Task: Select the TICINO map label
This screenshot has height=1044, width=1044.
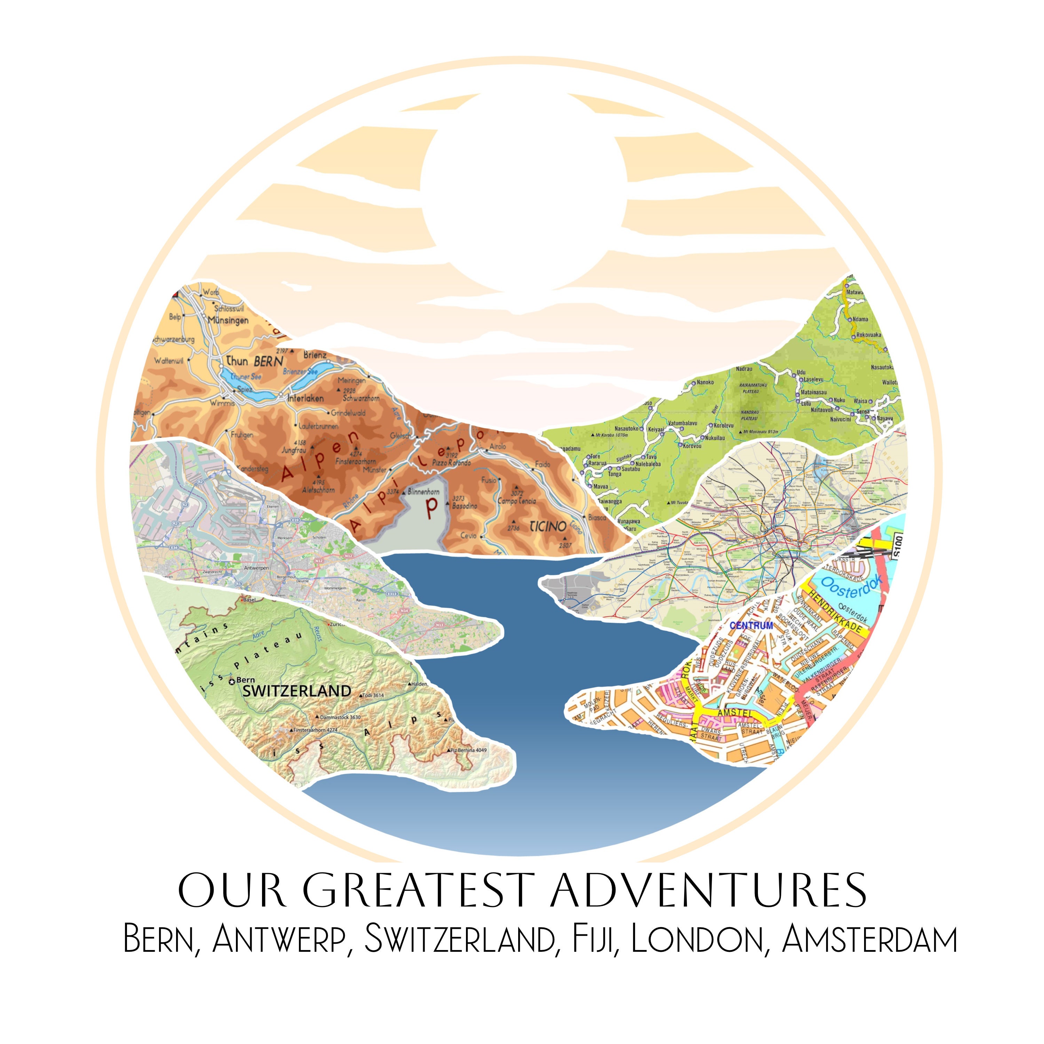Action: pyautogui.click(x=547, y=526)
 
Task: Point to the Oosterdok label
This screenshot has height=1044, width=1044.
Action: pyautogui.click(x=851, y=586)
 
